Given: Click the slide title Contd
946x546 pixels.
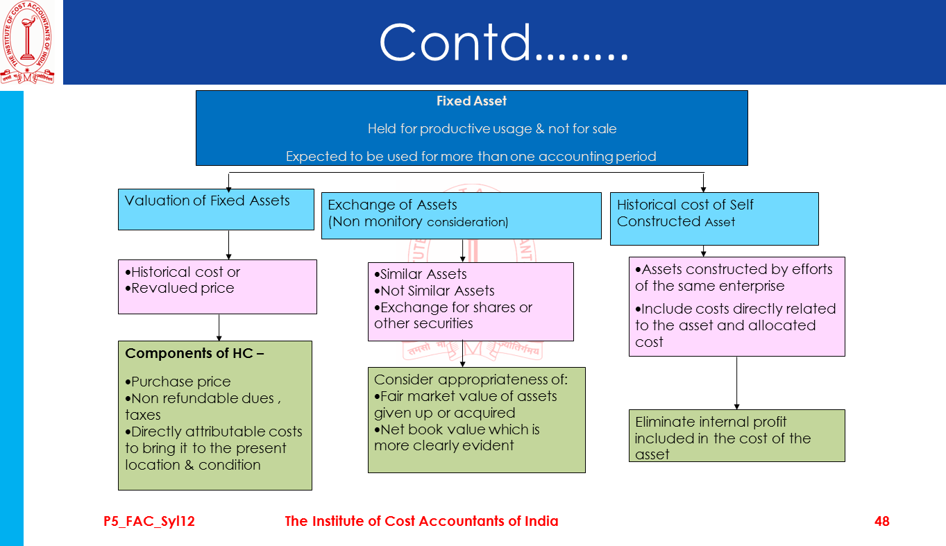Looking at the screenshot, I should click(503, 43).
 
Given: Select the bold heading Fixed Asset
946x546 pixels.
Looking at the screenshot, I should click(471, 101).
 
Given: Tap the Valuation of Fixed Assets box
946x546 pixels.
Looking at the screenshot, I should click(216, 210).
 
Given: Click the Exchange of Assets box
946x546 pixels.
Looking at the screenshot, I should click(461, 215).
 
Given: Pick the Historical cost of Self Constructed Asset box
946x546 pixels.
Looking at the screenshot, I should click(713, 218).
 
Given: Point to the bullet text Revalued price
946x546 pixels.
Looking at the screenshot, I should click(183, 289).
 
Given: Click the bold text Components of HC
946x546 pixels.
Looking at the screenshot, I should click(194, 354).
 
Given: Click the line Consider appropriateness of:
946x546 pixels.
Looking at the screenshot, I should click(471, 380).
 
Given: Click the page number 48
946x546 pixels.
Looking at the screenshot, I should click(881, 522).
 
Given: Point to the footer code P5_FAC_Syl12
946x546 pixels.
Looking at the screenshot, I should click(149, 522).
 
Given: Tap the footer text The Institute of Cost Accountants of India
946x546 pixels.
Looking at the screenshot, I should click(421, 522).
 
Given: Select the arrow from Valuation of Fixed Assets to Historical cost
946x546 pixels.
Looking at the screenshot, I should click(228, 245).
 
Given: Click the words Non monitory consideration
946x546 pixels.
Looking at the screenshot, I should click(419, 223).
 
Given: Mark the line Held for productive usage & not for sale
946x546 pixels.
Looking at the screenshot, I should click(491, 129).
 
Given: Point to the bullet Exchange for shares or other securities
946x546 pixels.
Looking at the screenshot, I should click(453, 316).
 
